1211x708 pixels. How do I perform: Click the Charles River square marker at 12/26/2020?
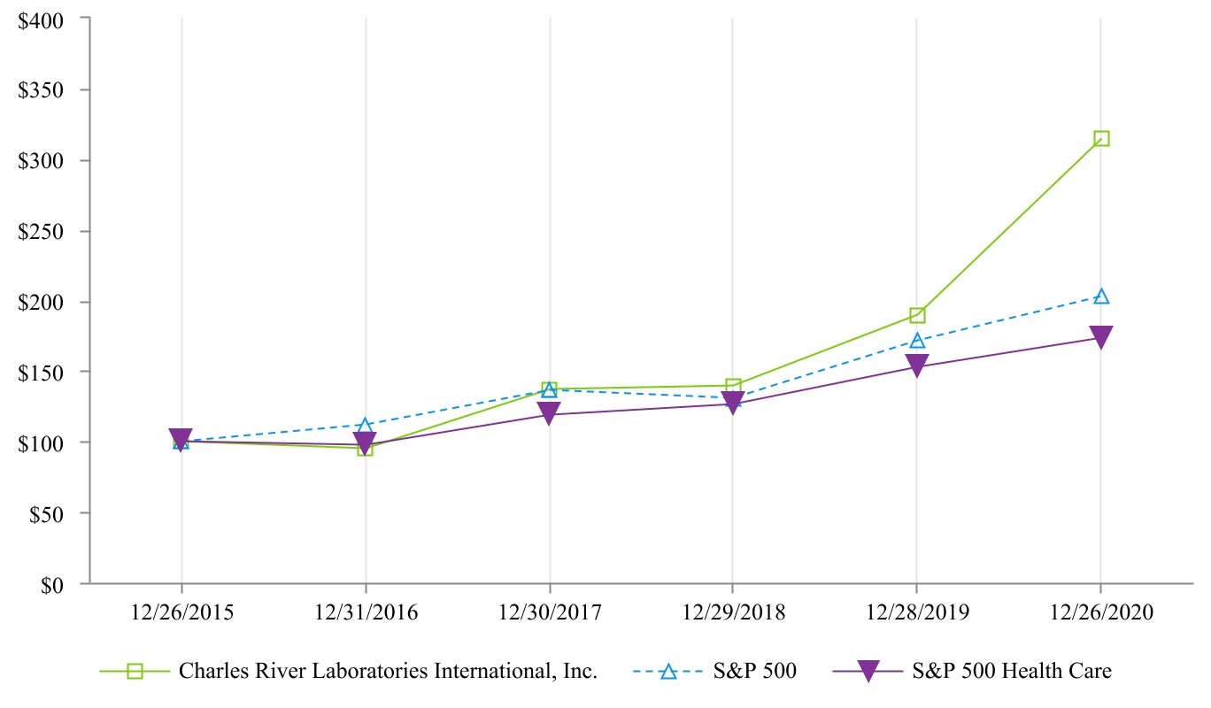[1101, 138]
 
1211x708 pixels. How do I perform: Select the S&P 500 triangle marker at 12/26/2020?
[1101, 296]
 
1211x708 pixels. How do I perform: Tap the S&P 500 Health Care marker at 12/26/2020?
[1101, 336]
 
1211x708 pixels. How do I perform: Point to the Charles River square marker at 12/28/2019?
[917, 315]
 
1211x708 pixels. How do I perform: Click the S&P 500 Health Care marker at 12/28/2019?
[917, 366]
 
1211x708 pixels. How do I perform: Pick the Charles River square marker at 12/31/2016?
[365, 448]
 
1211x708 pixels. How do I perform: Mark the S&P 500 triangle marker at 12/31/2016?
[365, 426]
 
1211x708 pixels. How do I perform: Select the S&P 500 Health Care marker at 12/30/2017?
[549, 413]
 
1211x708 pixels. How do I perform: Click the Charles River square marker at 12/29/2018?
[733, 386]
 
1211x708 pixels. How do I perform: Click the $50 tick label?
[56, 513]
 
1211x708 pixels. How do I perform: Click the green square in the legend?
[135, 671]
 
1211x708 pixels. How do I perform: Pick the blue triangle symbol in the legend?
[668, 671]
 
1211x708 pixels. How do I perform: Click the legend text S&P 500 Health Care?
[1011, 671]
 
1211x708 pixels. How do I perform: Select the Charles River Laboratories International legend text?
[389, 671]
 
